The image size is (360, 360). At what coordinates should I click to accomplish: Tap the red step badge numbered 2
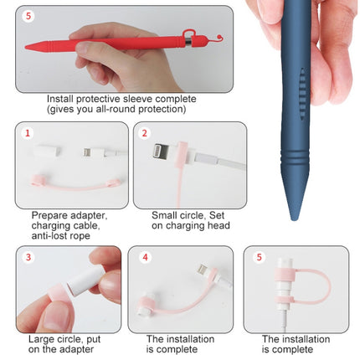click(x=144, y=133)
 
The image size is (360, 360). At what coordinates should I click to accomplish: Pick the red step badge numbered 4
click(x=144, y=256)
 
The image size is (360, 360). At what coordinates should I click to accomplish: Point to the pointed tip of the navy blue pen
click(x=294, y=215)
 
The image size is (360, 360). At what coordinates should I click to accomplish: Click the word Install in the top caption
click(x=60, y=98)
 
